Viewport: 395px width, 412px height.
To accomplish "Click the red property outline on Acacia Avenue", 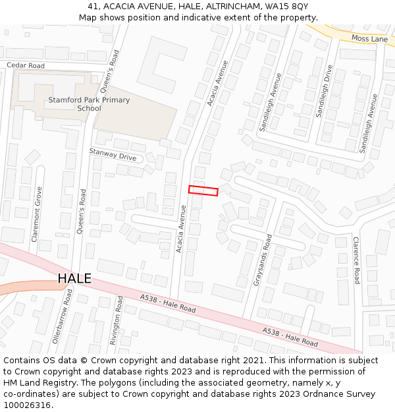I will point(203,191).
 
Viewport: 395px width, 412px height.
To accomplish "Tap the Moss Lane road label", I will point(369,40).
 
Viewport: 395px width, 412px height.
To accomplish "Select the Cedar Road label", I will point(26,66).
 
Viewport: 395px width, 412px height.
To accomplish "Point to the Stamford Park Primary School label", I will point(89,104).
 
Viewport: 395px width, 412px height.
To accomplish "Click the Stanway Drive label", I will point(113,156).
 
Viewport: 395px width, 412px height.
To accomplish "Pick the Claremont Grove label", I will point(36,215).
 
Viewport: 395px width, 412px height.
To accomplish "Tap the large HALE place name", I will point(74,279).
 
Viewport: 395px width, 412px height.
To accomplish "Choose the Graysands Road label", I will point(262,260).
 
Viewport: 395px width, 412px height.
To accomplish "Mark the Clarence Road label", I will point(356,260).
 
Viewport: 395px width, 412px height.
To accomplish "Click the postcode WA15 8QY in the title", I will point(289,6).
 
